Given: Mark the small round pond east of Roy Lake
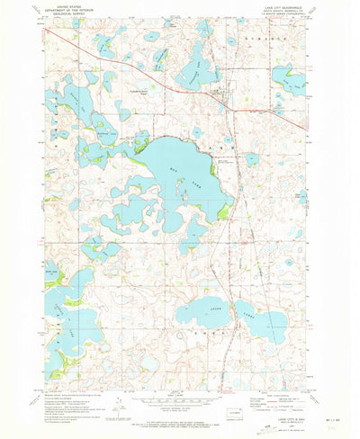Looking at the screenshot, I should click(x=253, y=159).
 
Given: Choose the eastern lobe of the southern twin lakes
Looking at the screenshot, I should click(x=268, y=322).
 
